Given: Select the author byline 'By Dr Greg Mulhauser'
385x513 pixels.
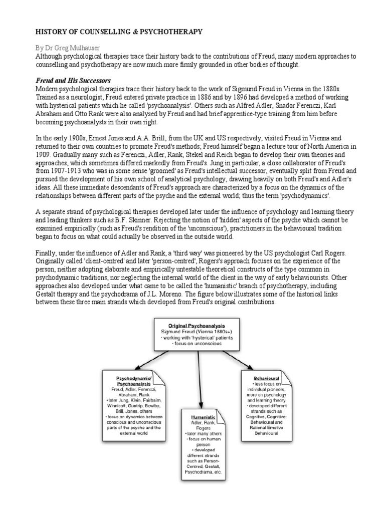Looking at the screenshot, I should [71, 48].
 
